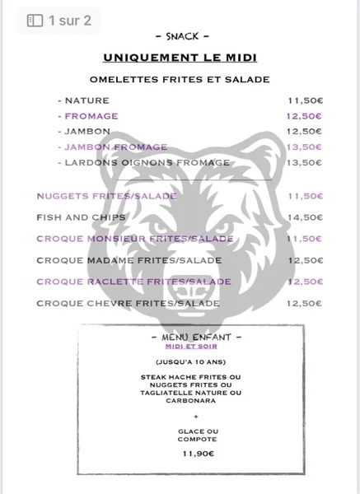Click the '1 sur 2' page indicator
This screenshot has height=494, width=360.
pos(59,21)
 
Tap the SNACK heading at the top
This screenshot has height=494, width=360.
pos(180,37)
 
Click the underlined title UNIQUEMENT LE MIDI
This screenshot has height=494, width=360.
pos(180,57)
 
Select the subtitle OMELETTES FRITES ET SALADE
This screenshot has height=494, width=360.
pos(180,79)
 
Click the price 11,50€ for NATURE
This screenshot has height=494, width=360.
pos(304,100)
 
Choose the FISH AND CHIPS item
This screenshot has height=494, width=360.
pos(81,217)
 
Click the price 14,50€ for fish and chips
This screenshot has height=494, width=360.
pos(304,217)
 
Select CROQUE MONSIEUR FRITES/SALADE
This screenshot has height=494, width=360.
pos(135,239)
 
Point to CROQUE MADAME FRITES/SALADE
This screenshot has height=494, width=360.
pos(117,260)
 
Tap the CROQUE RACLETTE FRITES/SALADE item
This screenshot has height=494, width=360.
pos(121,282)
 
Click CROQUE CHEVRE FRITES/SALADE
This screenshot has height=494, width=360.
pos(117,303)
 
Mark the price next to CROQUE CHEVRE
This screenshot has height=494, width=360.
pos(304,303)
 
